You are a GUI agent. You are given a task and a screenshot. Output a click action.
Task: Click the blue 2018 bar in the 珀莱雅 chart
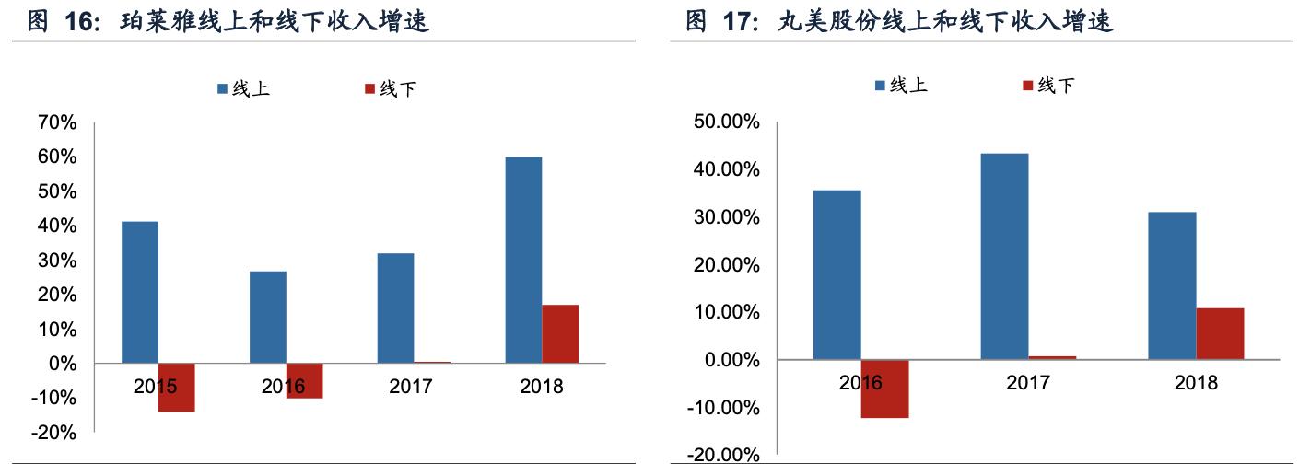(x=523, y=260)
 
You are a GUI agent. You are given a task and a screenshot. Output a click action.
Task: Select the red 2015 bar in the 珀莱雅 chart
(x=176, y=388)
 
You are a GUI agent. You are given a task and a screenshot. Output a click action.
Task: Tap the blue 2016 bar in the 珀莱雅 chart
(x=268, y=317)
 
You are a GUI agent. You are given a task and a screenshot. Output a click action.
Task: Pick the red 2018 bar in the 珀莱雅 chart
(x=560, y=333)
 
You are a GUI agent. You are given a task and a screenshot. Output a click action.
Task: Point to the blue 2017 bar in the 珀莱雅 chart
(x=395, y=307)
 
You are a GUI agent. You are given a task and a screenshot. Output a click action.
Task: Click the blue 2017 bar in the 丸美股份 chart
(x=1004, y=256)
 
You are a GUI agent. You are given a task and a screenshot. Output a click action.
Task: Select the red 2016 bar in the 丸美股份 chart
(x=884, y=389)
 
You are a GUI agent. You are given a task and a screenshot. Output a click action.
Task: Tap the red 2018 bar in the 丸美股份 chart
(x=1220, y=333)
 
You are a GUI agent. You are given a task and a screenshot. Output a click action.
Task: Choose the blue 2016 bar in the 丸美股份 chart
(x=837, y=274)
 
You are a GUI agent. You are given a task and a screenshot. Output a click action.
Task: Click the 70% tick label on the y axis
(x=58, y=122)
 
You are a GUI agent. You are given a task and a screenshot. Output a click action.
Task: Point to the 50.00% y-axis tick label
(x=727, y=122)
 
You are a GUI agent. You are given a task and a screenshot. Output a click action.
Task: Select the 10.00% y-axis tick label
(x=727, y=313)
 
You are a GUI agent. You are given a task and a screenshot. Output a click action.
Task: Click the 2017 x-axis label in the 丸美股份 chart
(x=1028, y=382)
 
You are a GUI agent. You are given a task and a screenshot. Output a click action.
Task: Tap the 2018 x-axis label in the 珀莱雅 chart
(x=541, y=386)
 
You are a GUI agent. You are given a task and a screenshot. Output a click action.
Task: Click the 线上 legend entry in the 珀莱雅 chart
(x=243, y=89)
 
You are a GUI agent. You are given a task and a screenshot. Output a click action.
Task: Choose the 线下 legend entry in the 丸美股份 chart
(x=1048, y=86)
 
